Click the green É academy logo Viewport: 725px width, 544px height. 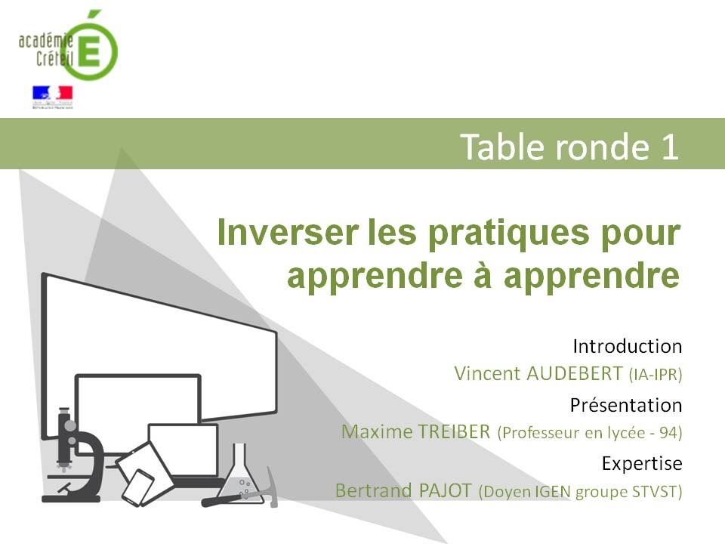coord(90,47)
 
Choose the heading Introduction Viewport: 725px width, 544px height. coord(627,347)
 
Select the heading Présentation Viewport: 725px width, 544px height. coord(625,405)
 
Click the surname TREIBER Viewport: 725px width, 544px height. coord(454,432)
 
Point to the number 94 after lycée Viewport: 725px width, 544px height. coord(666,433)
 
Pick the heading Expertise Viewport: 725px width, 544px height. coord(642,462)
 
